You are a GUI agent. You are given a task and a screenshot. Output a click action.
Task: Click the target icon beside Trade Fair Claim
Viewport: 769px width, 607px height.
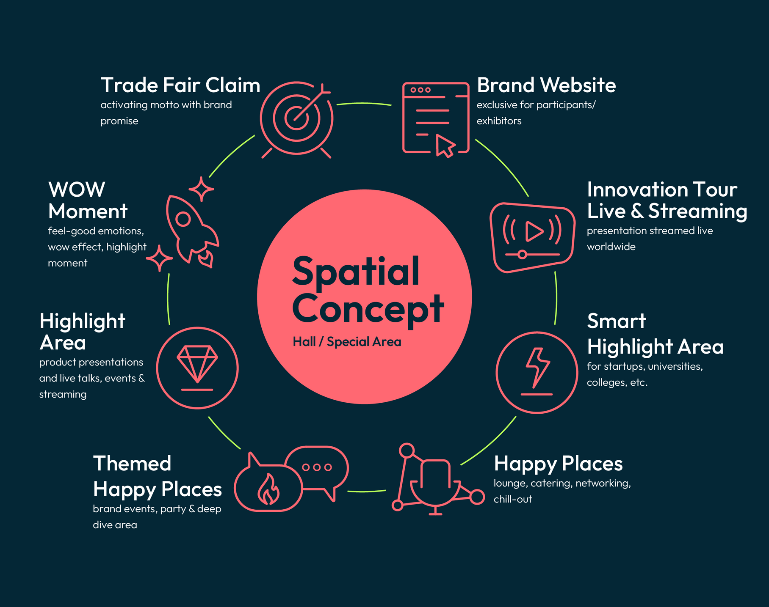(296, 118)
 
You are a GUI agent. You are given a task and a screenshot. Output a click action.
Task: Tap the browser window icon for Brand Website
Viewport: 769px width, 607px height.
(435, 118)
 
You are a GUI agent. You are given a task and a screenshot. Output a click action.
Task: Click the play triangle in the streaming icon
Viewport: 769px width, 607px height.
(534, 231)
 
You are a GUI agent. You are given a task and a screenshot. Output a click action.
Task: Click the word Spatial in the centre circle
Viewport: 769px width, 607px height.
(356, 272)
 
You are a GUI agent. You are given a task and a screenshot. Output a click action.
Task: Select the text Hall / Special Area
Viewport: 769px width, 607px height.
(347, 342)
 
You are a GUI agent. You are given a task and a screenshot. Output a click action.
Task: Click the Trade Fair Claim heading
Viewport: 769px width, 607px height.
(180, 85)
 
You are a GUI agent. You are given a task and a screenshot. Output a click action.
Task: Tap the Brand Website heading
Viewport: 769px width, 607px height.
(546, 85)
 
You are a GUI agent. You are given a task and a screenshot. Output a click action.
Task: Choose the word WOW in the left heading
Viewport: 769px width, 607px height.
(77, 190)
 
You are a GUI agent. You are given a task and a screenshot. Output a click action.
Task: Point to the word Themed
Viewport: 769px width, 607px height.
(132, 464)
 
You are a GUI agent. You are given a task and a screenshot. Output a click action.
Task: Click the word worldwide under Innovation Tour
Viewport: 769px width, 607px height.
(611, 247)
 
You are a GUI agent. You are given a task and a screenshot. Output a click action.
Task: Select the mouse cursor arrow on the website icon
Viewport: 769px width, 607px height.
(445, 146)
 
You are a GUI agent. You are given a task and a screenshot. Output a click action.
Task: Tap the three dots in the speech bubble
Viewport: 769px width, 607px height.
(317, 467)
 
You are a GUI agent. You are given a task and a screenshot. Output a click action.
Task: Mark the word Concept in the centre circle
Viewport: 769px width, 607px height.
(368, 309)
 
